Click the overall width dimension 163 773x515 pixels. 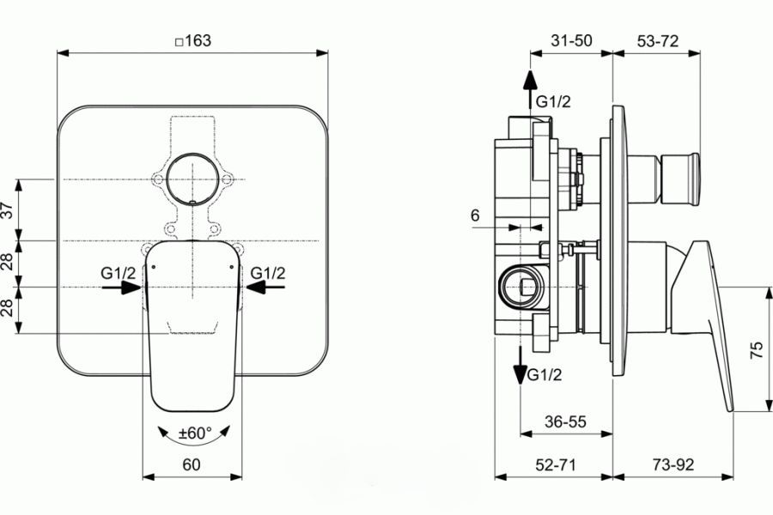pyautogui.click(x=192, y=39)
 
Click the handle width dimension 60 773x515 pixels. pyautogui.click(x=192, y=465)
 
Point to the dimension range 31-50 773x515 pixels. pyautogui.click(x=571, y=39)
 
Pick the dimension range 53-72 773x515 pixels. pyautogui.click(x=657, y=39)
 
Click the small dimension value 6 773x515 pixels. pyautogui.click(x=475, y=216)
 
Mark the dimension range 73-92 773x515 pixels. pyautogui.click(x=673, y=465)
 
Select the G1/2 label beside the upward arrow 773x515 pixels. pyautogui.click(x=553, y=101)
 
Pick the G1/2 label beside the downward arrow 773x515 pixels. pyautogui.click(x=545, y=375)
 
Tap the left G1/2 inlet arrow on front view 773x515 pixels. pyautogui.click(x=120, y=288)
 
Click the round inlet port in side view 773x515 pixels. pyautogui.click(x=520, y=286)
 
